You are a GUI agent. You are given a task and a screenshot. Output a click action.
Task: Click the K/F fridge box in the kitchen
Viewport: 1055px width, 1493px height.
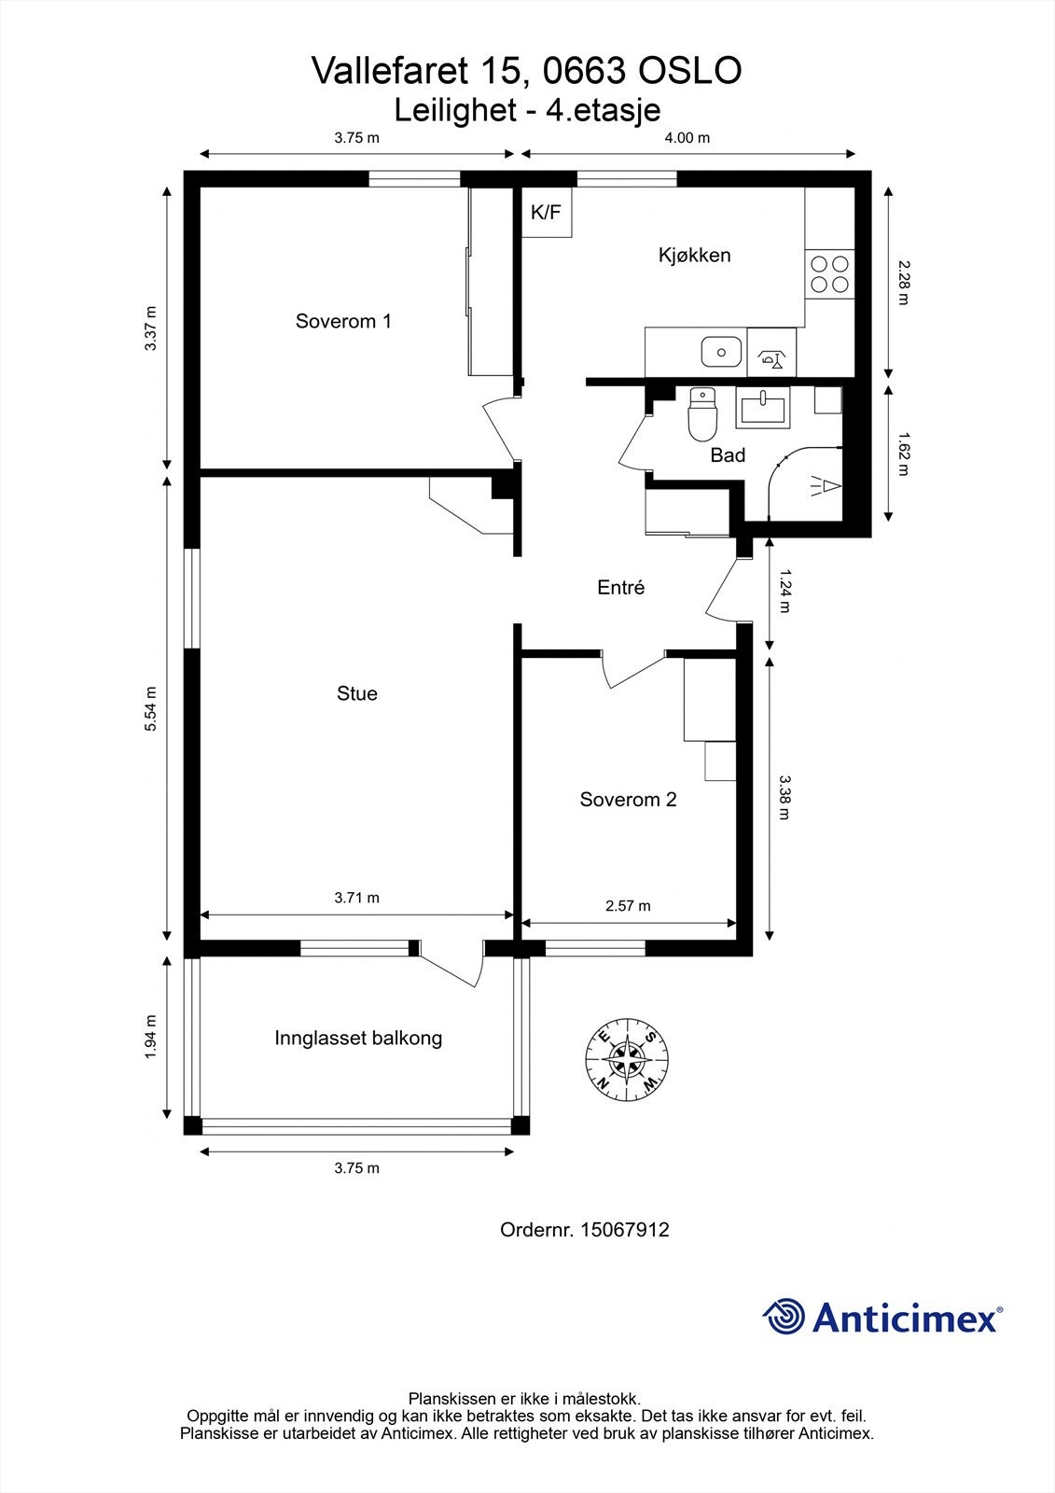pos(547,212)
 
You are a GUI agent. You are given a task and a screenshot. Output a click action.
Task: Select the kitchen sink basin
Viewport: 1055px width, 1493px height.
pos(721,352)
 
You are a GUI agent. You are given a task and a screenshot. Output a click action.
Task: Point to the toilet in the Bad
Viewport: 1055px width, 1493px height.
pos(701,414)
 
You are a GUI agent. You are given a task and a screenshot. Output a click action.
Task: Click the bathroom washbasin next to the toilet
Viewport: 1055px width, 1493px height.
pos(763,407)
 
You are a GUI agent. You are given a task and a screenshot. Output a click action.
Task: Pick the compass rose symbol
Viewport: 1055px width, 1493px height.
pos(627,1060)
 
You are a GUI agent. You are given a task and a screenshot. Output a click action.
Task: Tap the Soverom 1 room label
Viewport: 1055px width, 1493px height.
pos(343,321)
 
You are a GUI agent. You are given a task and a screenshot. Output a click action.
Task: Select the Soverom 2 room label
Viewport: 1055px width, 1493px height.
pos(628,799)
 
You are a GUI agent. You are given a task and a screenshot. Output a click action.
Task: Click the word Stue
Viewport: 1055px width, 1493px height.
pos(357,693)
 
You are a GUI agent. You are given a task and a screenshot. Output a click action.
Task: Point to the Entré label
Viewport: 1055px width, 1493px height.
pos(621,587)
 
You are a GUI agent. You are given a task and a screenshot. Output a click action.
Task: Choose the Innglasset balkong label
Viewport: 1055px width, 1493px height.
pos(358,1038)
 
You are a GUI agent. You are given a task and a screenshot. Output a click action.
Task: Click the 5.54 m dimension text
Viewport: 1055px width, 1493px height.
pos(151,708)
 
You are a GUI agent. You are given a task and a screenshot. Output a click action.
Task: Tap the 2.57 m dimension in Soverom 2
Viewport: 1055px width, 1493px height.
pos(628,906)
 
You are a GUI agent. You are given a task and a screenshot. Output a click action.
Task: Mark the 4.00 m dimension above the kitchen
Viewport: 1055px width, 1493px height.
pos(687,138)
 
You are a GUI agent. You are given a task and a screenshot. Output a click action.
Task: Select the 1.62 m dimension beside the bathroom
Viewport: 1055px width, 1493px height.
pos(903,453)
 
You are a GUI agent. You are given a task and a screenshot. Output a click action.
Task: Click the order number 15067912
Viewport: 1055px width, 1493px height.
pos(625,1230)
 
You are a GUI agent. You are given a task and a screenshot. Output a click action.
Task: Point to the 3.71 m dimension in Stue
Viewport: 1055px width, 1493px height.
pos(356,898)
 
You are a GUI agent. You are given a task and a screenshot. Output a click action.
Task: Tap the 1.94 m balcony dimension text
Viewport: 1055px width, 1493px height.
pos(150,1037)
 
